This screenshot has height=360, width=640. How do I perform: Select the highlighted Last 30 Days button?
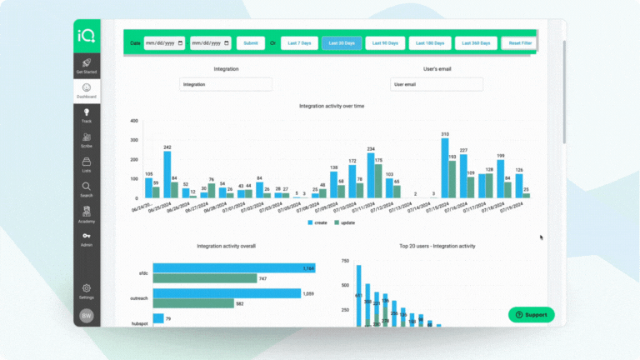(x=342, y=42)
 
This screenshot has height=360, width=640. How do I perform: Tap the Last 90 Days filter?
(x=386, y=42)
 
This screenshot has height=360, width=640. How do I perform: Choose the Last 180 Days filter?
(x=430, y=42)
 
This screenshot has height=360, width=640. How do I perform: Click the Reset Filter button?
(x=520, y=42)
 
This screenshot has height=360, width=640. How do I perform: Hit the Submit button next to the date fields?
(x=250, y=42)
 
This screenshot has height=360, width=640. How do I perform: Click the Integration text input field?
(x=226, y=84)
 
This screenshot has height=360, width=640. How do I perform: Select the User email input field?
(x=436, y=84)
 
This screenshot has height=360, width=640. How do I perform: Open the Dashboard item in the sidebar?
(x=87, y=91)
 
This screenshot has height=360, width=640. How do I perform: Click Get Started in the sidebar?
(x=87, y=66)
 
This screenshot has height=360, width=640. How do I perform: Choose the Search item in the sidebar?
(x=87, y=189)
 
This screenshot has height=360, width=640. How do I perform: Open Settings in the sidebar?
(x=87, y=291)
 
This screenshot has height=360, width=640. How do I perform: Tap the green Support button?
(x=531, y=315)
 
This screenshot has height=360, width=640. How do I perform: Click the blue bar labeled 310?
(x=445, y=168)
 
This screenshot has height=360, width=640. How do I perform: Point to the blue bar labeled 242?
(x=167, y=174)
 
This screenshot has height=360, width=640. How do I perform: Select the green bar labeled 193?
(x=452, y=179)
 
